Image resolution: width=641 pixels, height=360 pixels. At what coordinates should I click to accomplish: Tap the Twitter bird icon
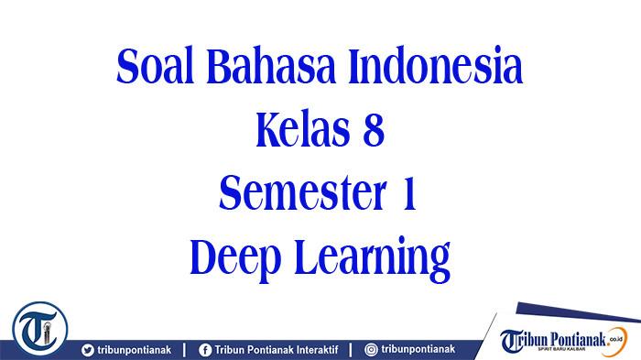point(87,349)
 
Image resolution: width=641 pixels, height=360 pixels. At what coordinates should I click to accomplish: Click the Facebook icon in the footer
point(205,349)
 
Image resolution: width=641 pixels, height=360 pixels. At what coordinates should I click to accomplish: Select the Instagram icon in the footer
point(371,349)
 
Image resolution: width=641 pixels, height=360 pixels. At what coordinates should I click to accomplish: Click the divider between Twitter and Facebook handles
point(185,349)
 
